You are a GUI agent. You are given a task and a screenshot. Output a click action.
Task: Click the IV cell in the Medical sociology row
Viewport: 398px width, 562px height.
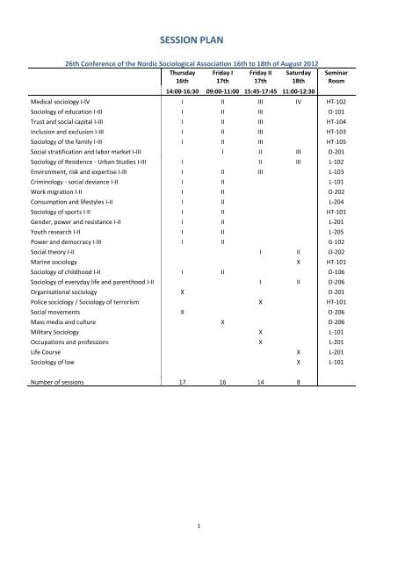pyautogui.click(x=298, y=102)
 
